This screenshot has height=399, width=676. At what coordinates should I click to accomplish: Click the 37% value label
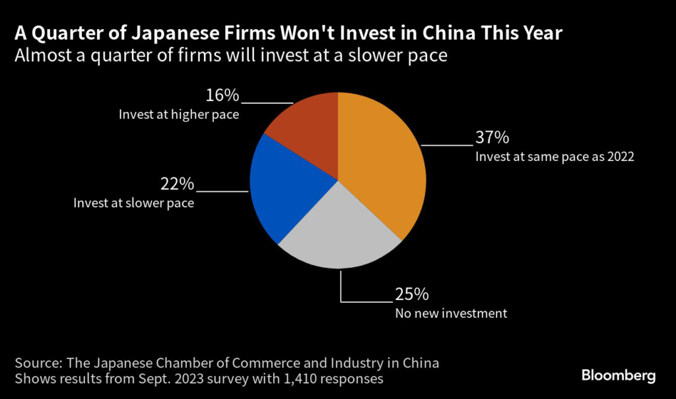(x=492, y=138)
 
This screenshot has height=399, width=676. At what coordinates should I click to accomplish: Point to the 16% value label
(x=222, y=96)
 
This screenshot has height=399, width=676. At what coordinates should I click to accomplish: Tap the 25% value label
(x=412, y=294)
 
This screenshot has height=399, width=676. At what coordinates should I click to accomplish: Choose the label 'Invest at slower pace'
(x=134, y=202)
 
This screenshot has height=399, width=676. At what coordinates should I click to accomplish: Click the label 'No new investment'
(x=451, y=313)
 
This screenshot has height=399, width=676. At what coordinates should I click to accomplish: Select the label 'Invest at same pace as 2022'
(x=555, y=157)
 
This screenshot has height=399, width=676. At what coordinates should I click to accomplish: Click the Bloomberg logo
(x=619, y=376)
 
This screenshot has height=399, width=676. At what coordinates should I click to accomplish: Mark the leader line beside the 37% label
(x=447, y=144)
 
